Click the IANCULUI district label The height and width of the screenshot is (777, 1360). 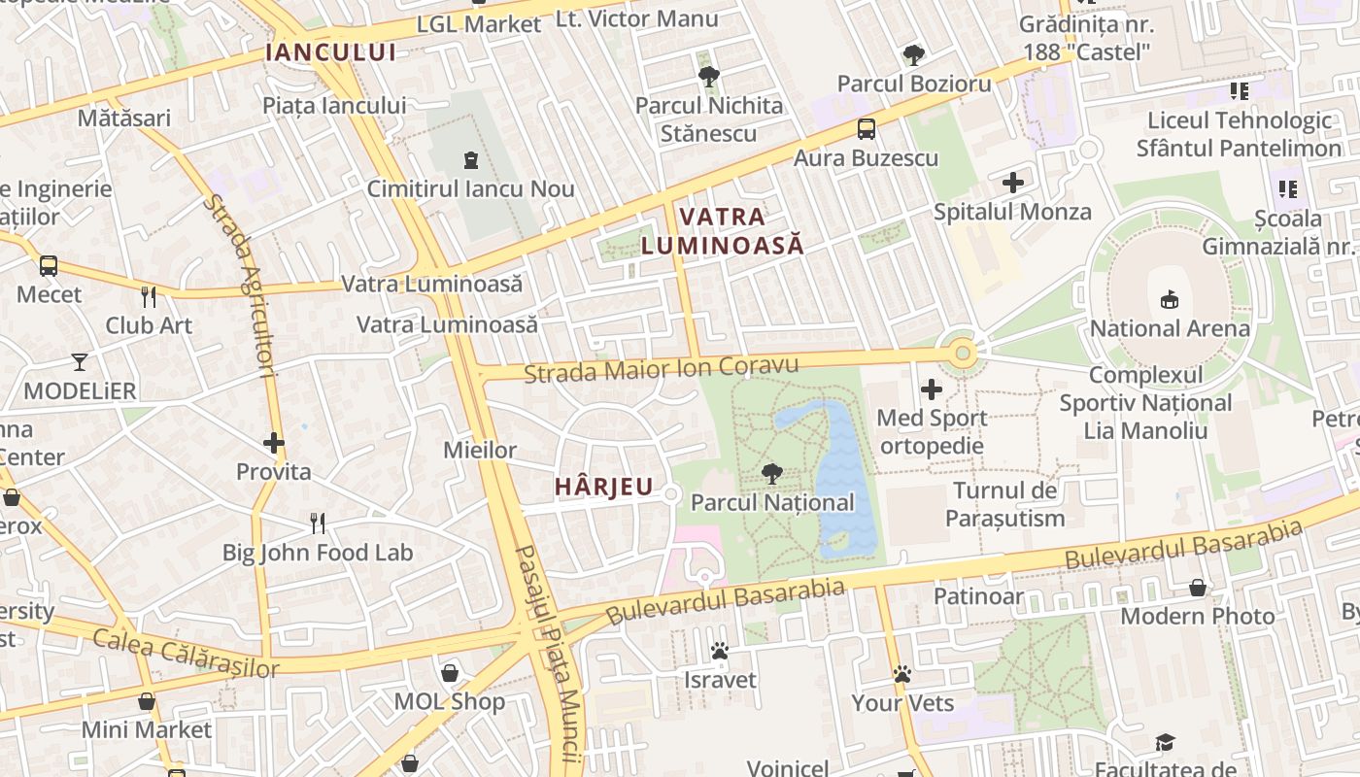pos(331,52)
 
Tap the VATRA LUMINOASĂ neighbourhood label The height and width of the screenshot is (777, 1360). pos(723,230)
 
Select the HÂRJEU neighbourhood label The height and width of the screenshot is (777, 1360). pos(603,487)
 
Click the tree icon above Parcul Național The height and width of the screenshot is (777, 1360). pos(772,474)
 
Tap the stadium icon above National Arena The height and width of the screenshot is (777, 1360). pos(1170,299)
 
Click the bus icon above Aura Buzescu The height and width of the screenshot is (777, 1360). pos(866,128)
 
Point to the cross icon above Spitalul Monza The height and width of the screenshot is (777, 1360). pos(1013,182)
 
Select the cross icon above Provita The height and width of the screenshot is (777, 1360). pos(274,443)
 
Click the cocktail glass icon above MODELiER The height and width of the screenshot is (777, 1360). pos(80,362)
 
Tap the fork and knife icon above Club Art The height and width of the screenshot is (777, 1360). pos(149,296)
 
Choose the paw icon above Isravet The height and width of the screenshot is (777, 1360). pos(720,651)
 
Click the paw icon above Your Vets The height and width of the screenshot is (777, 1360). pos(902,673)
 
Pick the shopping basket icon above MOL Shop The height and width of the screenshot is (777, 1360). pos(450,672)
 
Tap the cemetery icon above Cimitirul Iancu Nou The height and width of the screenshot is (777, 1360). pos(471,159)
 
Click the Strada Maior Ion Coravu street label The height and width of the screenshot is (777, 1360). pos(661,368)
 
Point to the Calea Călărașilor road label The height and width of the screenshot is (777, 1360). pos(186,653)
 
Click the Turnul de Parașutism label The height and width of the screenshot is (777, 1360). pos(1005,504)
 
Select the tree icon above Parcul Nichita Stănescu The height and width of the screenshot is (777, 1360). pos(708,76)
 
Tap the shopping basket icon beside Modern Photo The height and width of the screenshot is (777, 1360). pos(1198,588)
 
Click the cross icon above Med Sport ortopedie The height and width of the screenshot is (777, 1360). pos(932,389)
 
